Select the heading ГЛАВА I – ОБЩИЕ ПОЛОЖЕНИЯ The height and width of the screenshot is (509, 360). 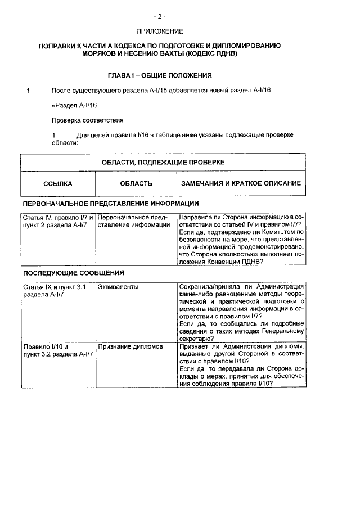click(159, 75)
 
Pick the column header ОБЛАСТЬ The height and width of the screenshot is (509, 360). click(136, 183)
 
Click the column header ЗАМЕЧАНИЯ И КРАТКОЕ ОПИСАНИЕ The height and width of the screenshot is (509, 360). click(241, 183)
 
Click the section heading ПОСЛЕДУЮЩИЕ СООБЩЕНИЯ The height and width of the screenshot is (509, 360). click(73, 273)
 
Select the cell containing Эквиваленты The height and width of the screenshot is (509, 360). click(118, 287)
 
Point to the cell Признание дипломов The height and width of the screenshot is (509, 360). click(130, 347)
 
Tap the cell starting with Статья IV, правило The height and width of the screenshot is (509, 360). click(57, 221)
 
